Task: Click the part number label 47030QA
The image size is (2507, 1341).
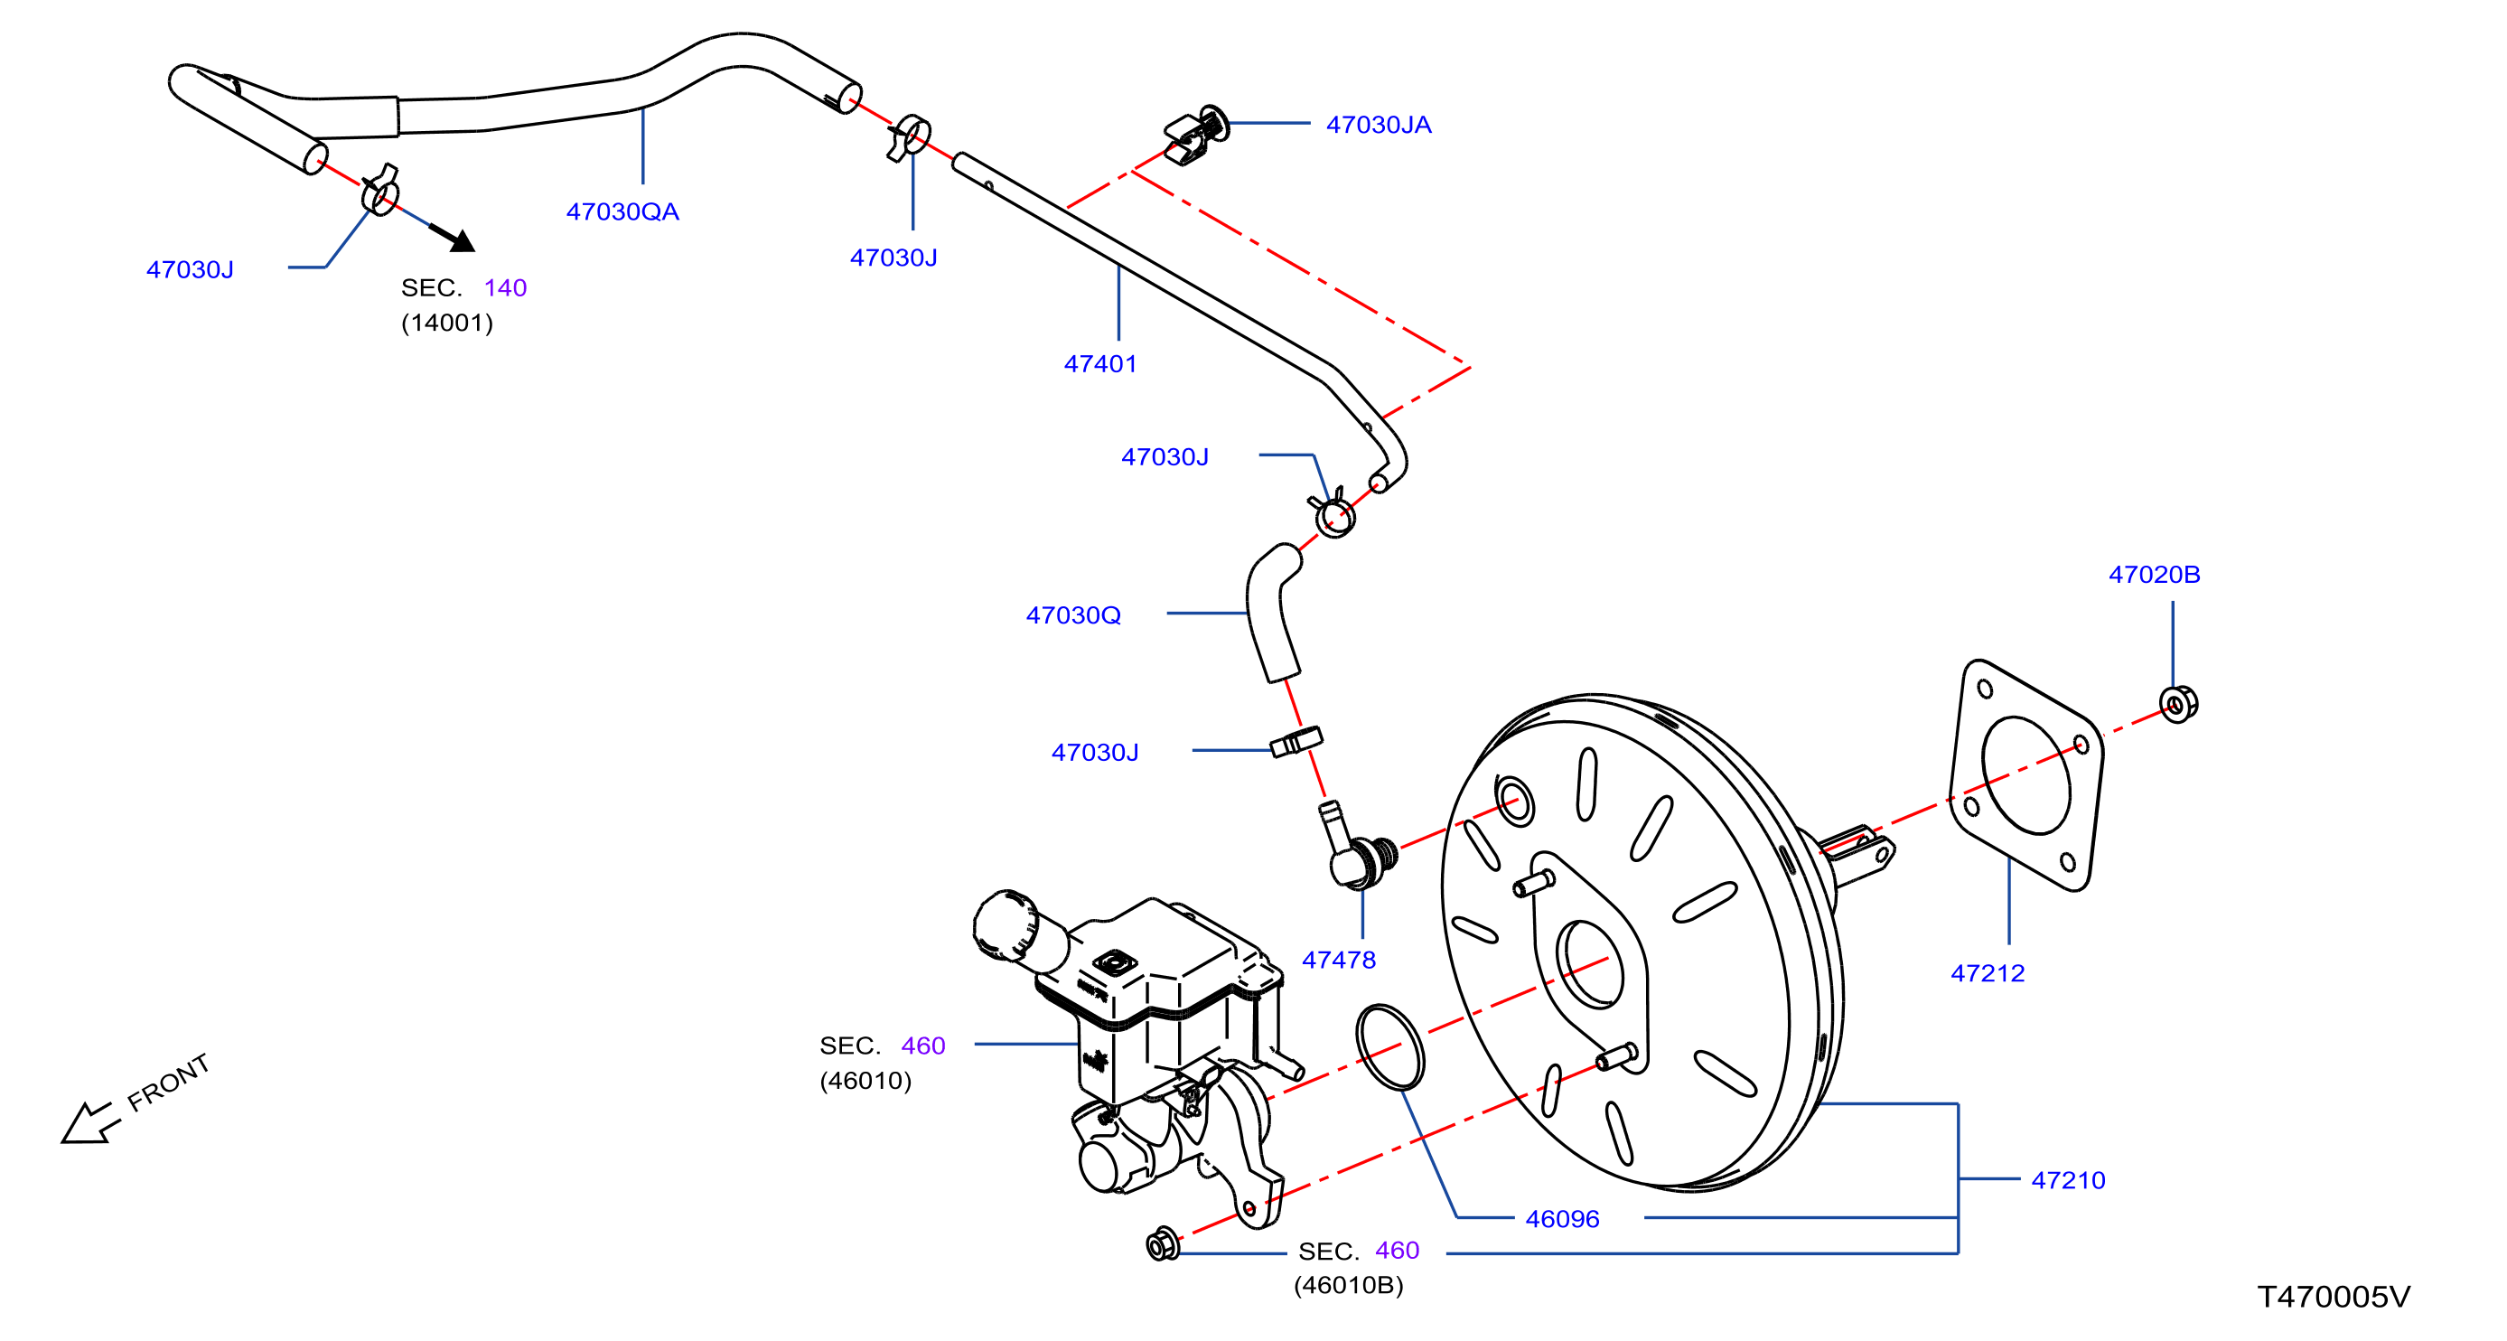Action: [622, 211]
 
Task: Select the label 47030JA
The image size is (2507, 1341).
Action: [1378, 125]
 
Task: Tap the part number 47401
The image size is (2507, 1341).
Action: [1099, 364]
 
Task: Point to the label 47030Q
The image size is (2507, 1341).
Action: [1073, 615]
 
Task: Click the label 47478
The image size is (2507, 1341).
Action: [1338, 960]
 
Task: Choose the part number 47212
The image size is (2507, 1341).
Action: [1988, 973]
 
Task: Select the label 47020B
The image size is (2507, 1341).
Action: [2154, 574]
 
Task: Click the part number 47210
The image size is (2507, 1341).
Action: [2068, 1180]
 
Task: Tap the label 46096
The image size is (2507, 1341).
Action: [1562, 1218]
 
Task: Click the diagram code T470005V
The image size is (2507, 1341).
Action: [2333, 1296]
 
